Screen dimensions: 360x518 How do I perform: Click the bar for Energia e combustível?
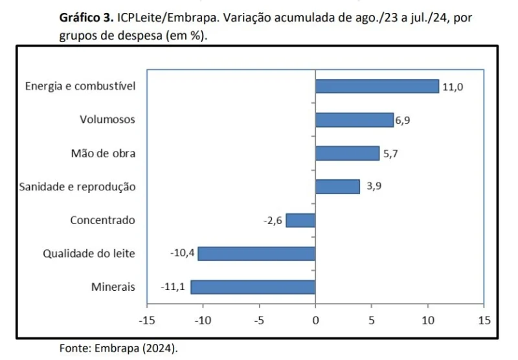point(377,86)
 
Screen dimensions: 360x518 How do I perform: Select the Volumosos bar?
point(354,120)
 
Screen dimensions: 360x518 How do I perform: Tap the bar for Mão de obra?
point(347,153)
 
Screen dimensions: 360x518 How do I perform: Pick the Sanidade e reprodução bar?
point(337,186)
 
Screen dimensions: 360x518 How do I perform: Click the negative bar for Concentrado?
point(300,220)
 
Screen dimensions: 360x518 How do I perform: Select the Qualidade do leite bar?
point(256,253)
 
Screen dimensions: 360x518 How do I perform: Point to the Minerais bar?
point(253,287)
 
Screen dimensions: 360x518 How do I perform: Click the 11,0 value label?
point(453,87)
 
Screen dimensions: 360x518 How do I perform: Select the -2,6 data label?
point(273,220)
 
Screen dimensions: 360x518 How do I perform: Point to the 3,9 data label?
point(374,186)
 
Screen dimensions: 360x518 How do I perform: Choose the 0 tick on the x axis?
point(315,320)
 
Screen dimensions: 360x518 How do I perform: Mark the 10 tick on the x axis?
point(428,320)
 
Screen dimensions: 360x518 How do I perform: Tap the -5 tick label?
point(259,320)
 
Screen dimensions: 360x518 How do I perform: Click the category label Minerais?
point(113,287)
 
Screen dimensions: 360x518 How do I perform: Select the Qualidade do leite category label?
point(89,253)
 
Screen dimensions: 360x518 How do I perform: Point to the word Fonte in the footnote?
point(74,348)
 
